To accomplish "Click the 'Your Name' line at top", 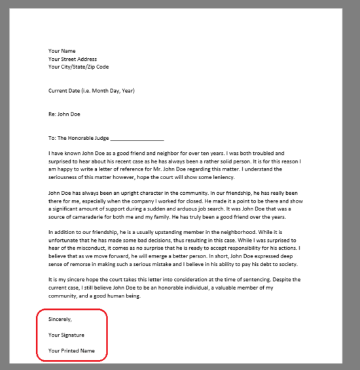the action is (62, 51).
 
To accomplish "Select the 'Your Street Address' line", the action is (73, 59).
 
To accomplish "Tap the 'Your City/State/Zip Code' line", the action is (79, 67).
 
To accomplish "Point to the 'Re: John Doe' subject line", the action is (64, 114).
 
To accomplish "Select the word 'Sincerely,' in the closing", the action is (60, 319).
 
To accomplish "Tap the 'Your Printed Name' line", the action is (71, 351).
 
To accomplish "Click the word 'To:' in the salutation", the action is (52, 138).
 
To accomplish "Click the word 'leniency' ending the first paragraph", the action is (219, 178).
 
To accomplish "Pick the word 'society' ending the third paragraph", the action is (288, 264).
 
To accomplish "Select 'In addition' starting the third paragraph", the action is (63, 233).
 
